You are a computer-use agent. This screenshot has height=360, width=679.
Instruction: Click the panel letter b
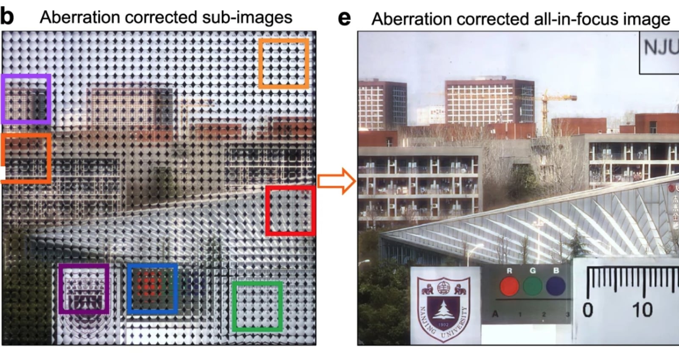tap(7, 16)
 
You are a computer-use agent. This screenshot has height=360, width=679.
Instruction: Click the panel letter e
tap(345, 18)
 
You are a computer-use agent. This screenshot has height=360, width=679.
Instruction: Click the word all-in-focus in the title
tap(562, 19)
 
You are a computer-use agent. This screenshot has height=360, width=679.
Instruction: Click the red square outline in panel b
tap(290, 187)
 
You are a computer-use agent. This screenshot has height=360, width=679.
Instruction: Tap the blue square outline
tap(152, 265)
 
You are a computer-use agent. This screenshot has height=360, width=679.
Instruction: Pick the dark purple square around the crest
tap(84, 266)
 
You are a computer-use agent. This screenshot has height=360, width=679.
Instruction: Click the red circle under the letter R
tap(509, 286)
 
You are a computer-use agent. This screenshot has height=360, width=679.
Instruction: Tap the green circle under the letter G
tap(533, 286)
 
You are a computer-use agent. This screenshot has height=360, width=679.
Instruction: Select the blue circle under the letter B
tap(556, 286)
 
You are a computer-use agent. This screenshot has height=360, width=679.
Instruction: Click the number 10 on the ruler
tap(642, 310)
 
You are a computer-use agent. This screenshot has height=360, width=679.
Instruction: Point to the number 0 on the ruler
tap(587, 310)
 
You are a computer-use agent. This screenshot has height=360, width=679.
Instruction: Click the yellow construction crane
tap(546, 106)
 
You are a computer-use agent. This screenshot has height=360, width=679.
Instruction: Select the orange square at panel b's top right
tap(284, 40)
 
